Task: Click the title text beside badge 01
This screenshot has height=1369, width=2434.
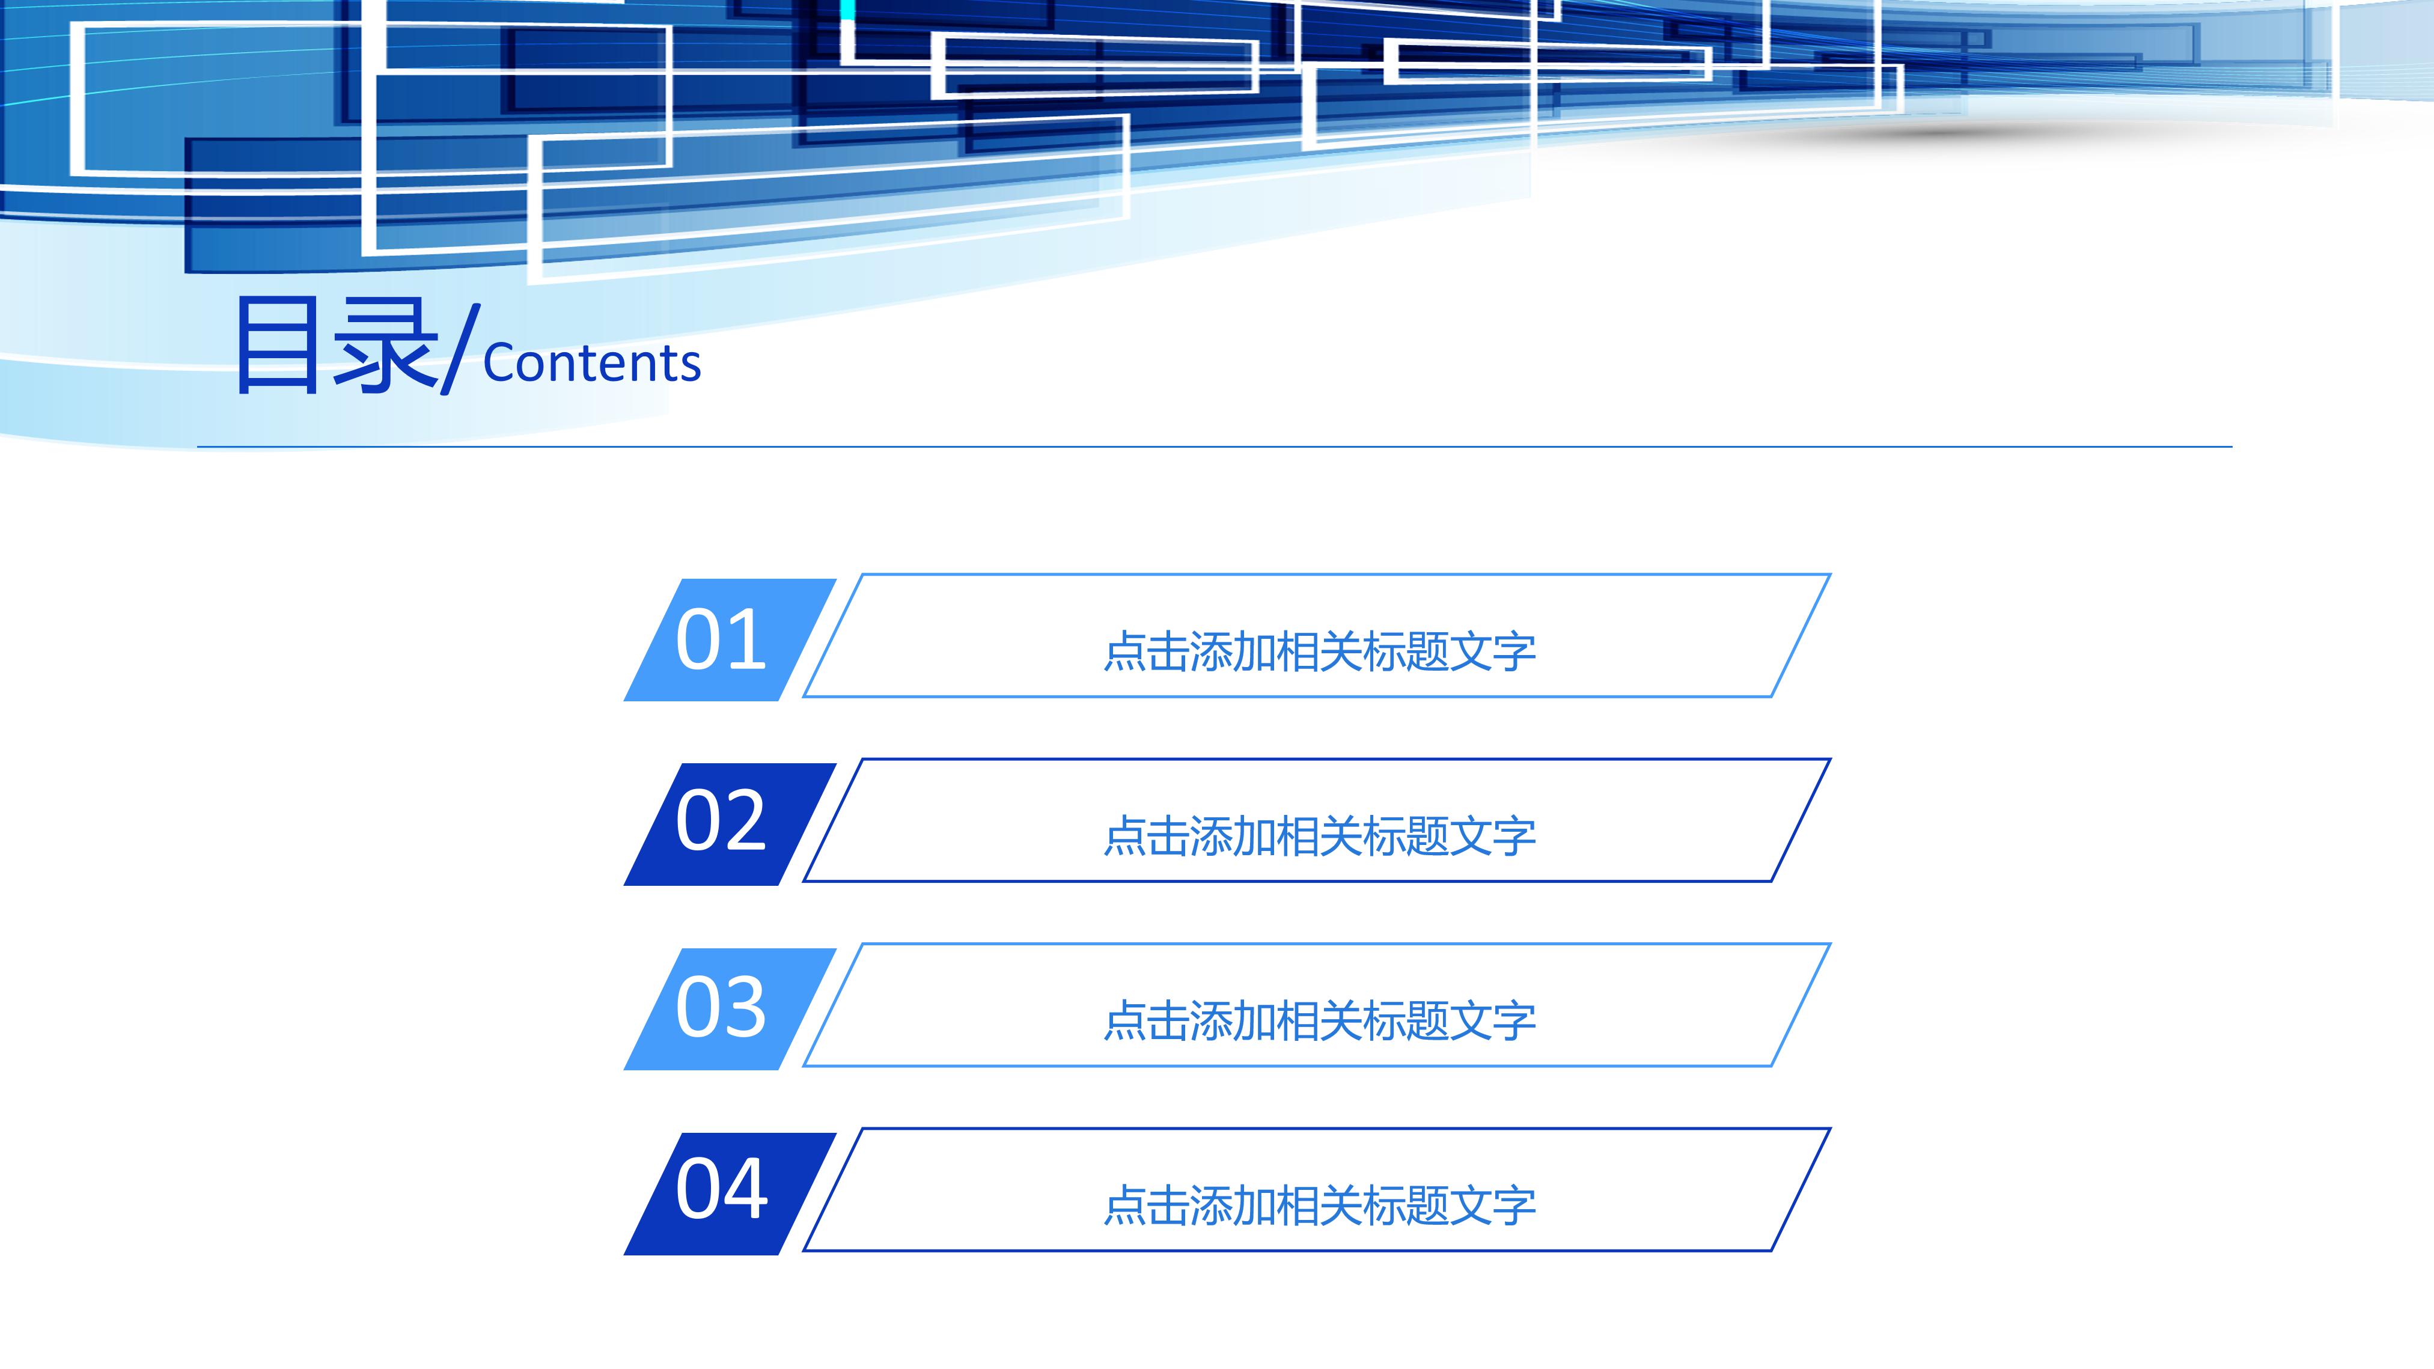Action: tap(1319, 652)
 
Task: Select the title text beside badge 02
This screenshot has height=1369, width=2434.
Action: tap(1319, 836)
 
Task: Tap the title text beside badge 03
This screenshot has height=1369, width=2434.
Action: tap(1319, 1021)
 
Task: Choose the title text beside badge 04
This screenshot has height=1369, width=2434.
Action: tap(1319, 1206)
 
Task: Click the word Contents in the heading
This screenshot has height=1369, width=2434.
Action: tap(591, 364)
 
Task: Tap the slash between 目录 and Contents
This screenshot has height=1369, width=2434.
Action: tap(461, 348)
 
